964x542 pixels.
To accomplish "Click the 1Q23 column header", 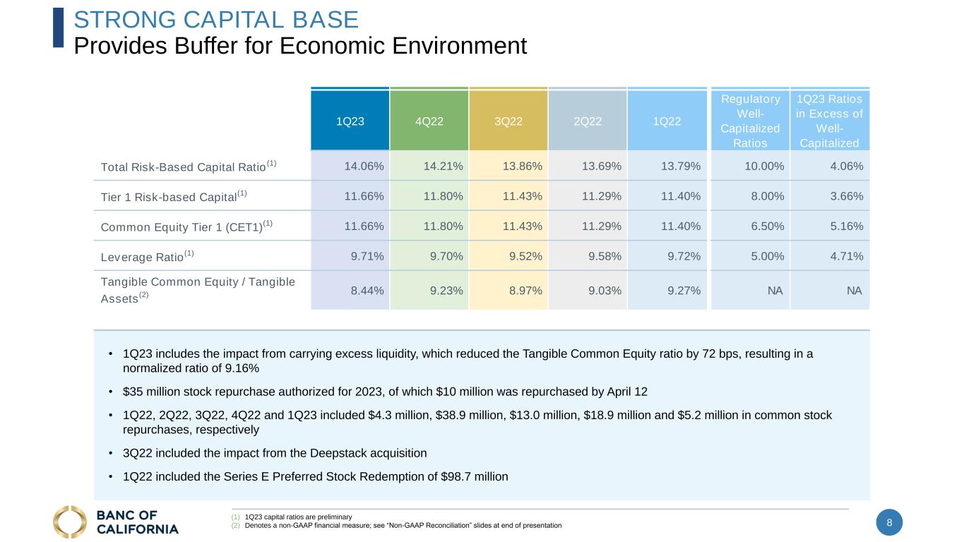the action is pos(350,121).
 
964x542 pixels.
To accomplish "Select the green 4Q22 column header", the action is pos(429,121).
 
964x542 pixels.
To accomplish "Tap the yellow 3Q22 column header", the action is pos(508,121).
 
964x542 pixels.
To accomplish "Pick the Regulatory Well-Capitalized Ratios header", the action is pos(750,121).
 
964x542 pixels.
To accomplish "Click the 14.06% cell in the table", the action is pos(364,166).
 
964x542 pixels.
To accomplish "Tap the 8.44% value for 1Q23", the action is pos(367,291).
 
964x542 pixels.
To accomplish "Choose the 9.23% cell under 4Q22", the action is pos(446,291).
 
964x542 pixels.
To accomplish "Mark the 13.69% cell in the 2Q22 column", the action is pos(602,166).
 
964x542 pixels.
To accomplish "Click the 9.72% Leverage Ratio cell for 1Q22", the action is pos(684,256).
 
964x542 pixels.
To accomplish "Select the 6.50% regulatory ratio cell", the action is pos(768,227).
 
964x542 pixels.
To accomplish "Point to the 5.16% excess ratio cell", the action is pos(847,227).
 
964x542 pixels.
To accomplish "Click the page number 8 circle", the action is pos(889,522).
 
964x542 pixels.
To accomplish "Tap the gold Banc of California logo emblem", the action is pos(70,522).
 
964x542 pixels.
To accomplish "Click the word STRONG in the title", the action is pos(125,20).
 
